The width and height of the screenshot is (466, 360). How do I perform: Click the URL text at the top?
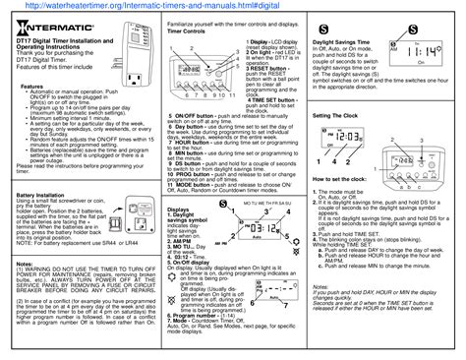tap(232, 7)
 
